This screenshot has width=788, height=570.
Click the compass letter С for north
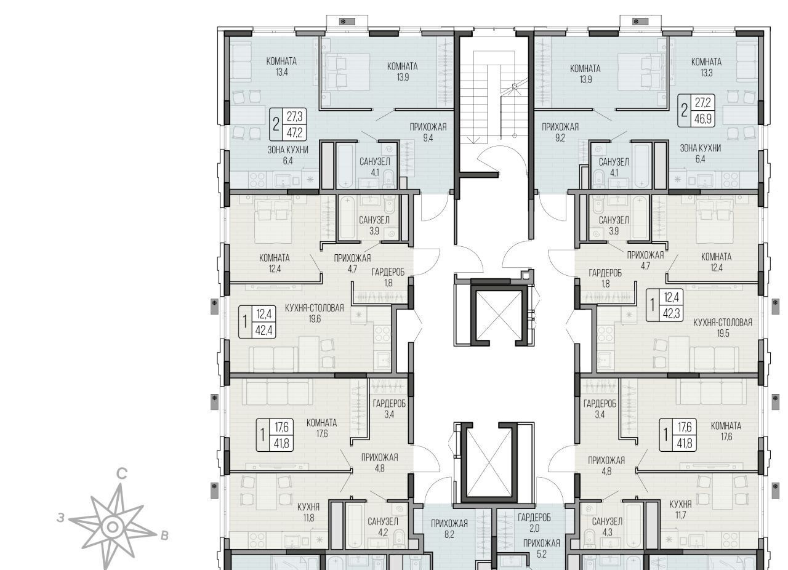click(x=122, y=475)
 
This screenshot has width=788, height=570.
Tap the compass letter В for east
click(x=164, y=536)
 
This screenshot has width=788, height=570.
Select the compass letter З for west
click(x=61, y=518)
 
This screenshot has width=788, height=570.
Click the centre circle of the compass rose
click(x=112, y=527)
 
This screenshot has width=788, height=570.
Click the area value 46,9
click(x=703, y=119)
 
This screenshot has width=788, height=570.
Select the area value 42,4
click(x=264, y=331)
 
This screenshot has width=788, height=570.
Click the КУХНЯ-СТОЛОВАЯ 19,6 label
click(x=315, y=313)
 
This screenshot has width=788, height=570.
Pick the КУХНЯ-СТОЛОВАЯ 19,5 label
click(x=723, y=327)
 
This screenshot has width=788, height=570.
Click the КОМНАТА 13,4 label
click(x=281, y=66)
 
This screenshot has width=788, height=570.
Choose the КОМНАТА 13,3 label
click(x=706, y=67)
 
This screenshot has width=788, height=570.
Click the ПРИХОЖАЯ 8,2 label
click(x=449, y=529)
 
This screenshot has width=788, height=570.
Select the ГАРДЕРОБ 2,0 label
click(x=534, y=523)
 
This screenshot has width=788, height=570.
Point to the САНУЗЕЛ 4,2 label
click(x=383, y=527)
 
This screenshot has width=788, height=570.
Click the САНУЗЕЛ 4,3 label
click(x=607, y=527)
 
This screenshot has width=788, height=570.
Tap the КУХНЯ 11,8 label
click(x=308, y=512)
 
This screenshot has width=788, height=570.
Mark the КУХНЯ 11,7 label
click(x=680, y=510)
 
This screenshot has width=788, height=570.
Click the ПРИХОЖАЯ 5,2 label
click(x=542, y=549)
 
